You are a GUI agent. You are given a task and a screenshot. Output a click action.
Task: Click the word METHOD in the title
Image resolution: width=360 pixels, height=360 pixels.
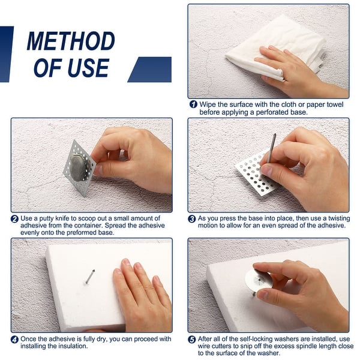(71, 41)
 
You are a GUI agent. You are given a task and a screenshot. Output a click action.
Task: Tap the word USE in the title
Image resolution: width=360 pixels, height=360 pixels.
(88, 68)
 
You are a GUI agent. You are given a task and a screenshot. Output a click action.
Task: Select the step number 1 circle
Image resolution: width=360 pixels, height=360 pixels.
(193, 104)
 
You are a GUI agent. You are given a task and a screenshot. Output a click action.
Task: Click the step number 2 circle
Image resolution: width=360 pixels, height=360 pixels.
(14, 219)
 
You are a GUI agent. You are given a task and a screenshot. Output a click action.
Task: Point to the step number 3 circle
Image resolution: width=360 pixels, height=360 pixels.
(192, 219)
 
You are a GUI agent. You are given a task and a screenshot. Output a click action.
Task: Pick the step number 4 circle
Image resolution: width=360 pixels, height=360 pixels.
(14, 340)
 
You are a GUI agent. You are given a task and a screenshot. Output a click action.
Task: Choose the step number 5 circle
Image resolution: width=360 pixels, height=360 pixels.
(192, 340)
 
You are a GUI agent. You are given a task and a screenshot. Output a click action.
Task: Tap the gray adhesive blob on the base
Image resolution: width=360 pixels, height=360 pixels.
(78, 167)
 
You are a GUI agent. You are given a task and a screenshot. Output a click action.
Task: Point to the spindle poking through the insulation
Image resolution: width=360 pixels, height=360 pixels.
(90, 276)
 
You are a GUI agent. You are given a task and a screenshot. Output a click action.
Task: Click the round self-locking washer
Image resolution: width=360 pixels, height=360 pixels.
(257, 280)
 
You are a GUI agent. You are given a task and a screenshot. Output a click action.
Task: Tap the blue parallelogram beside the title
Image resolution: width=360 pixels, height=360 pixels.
(149, 70)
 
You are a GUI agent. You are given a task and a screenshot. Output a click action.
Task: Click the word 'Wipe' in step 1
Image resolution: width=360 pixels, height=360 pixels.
(208, 104)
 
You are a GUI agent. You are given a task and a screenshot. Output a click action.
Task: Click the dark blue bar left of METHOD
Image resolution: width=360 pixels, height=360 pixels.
(6, 54)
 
